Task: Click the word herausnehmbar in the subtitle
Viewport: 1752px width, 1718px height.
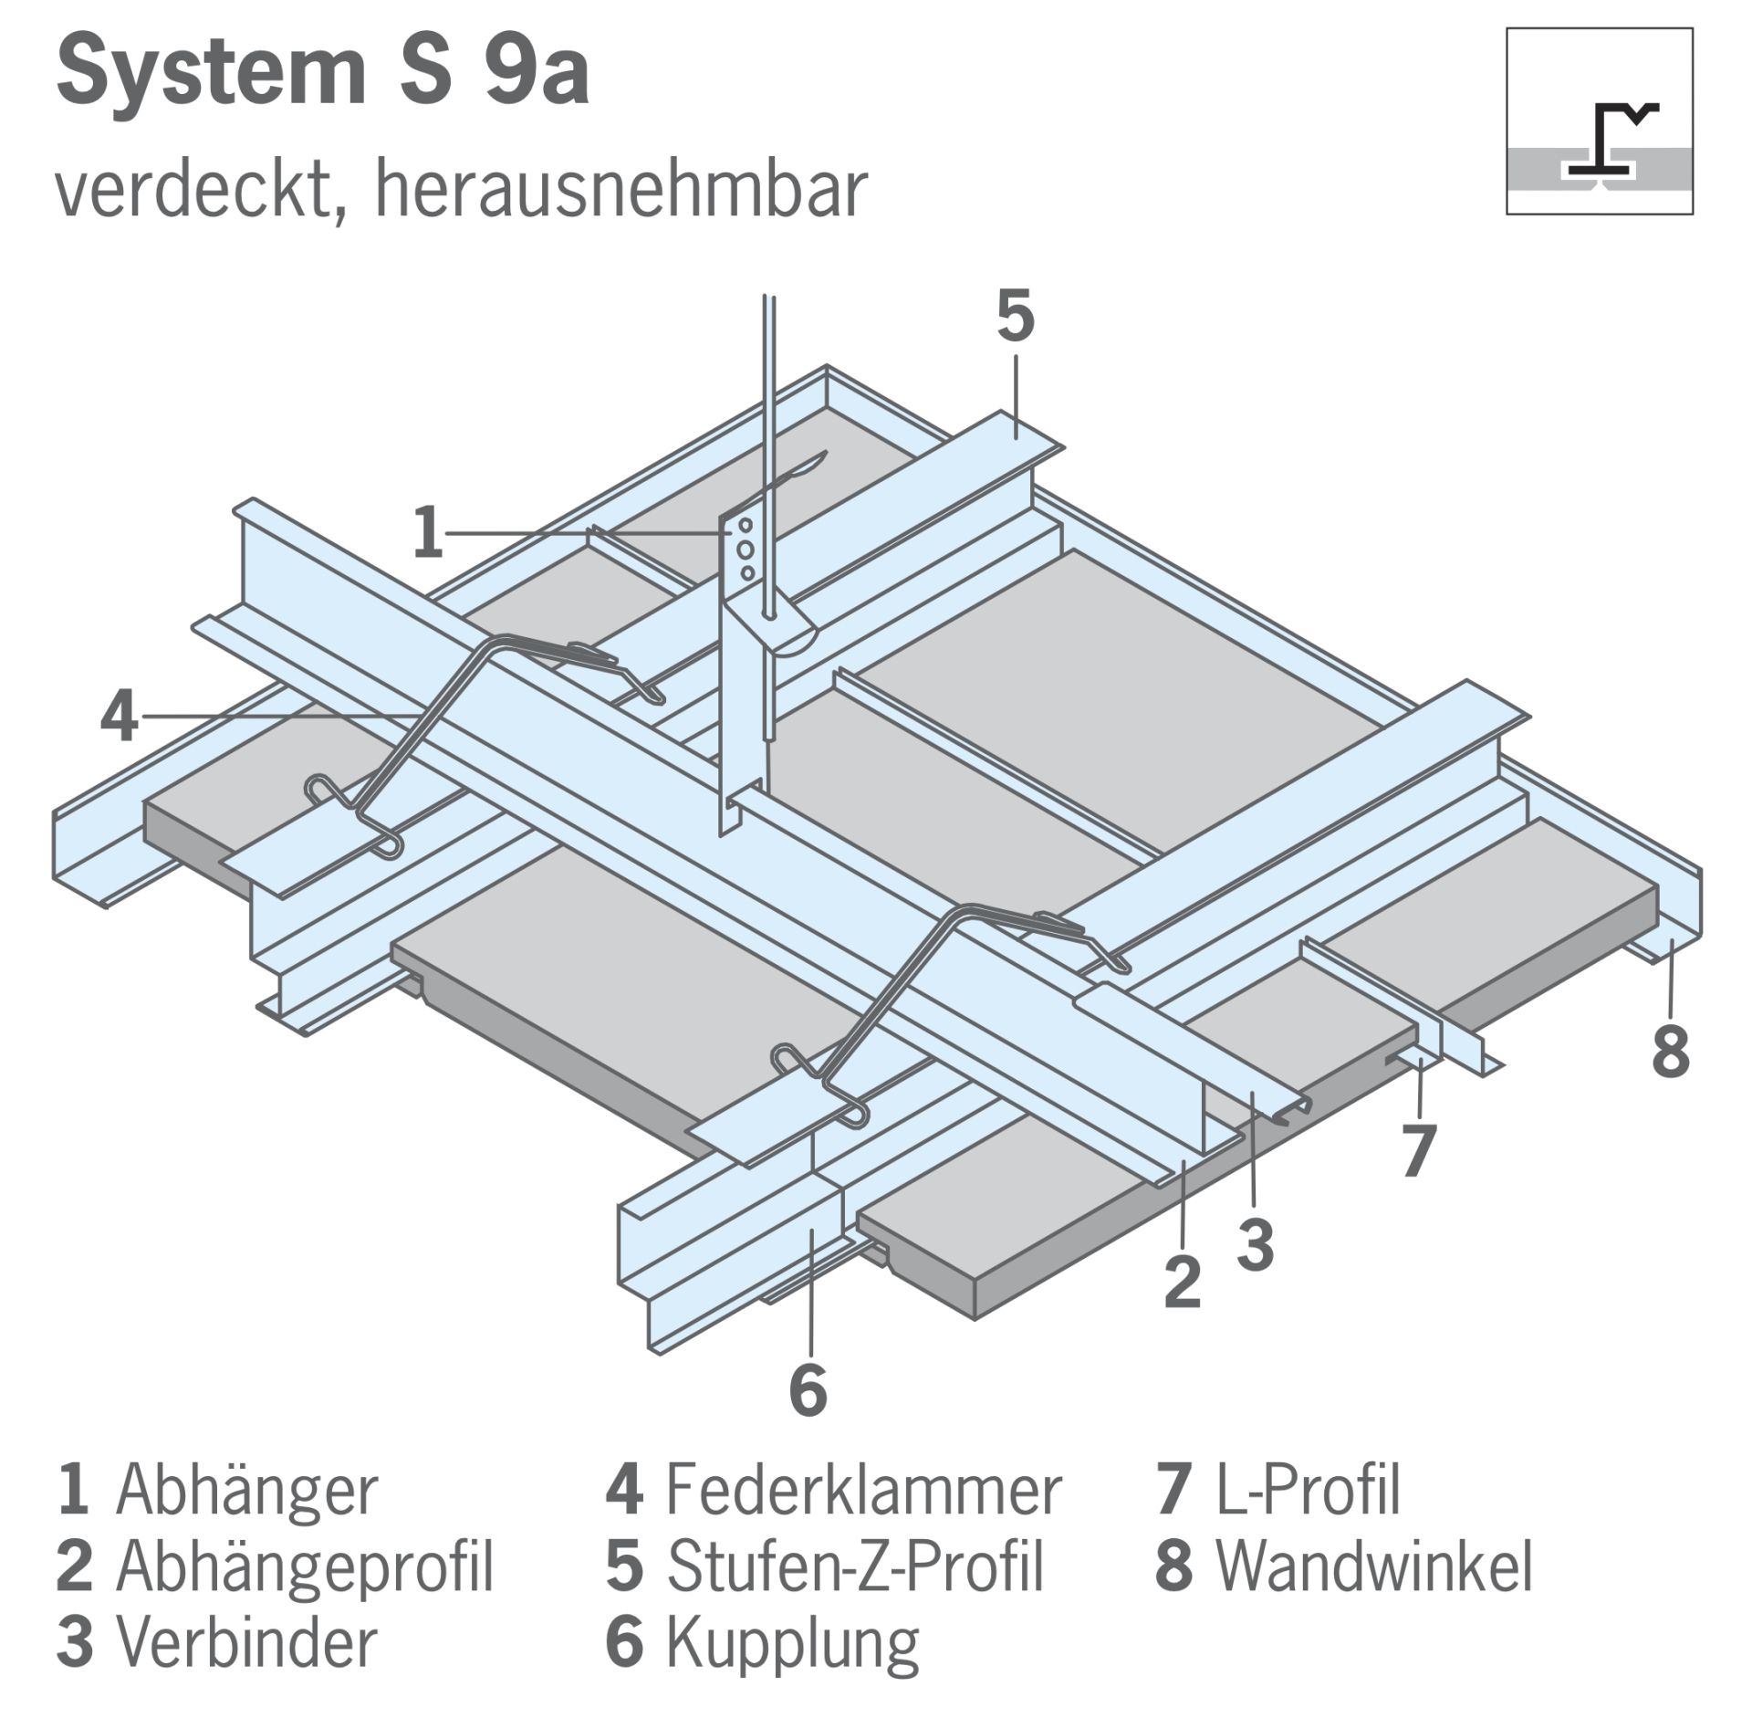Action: [620, 190]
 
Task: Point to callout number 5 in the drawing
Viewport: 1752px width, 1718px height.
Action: [1016, 317]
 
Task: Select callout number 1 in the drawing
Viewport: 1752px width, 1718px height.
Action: [428, 533]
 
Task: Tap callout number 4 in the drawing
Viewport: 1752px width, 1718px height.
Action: [120, 717]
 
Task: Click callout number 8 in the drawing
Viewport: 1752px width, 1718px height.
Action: [1671, 1051]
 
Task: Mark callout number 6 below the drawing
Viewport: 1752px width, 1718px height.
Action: [808, 1390]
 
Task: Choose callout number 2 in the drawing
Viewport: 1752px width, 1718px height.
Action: [1183, 1281]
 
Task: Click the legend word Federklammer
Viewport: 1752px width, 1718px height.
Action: [863, 1492]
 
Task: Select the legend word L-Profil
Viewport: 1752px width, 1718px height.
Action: [1308, 1492]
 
